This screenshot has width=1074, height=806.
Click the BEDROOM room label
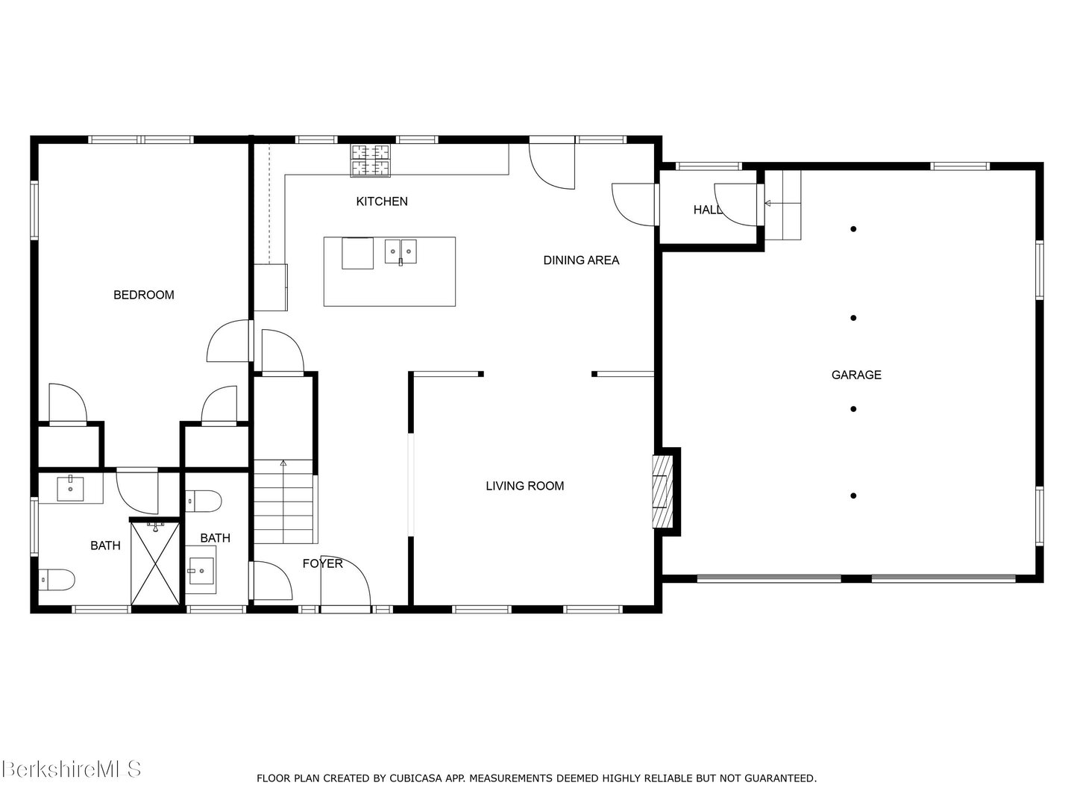[x=143, y=295]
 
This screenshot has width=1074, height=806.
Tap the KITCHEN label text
[x=381, y=201]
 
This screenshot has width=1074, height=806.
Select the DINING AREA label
[x=581, y=260]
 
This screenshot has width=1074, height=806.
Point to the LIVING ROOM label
[x=524, y=486]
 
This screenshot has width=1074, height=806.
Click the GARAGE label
[x=856, y=375]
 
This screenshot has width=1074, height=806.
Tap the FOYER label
[x=322, y=563]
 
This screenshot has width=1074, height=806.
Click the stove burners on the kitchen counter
[x=371, y=160]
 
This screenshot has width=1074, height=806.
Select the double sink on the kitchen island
[x=401, y=252]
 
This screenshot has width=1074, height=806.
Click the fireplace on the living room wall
[x=661, y=492]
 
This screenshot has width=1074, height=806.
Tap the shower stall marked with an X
[x=155, y=563]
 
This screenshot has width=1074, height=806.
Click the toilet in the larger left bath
[x=57, y=578]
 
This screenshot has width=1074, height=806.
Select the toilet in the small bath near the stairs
[x=203, y=501]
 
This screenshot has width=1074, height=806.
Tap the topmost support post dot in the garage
[x=853, y=229]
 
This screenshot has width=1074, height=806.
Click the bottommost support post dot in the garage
[x=853, y=496]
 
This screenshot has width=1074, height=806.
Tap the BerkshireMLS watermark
[x=71, y=769]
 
